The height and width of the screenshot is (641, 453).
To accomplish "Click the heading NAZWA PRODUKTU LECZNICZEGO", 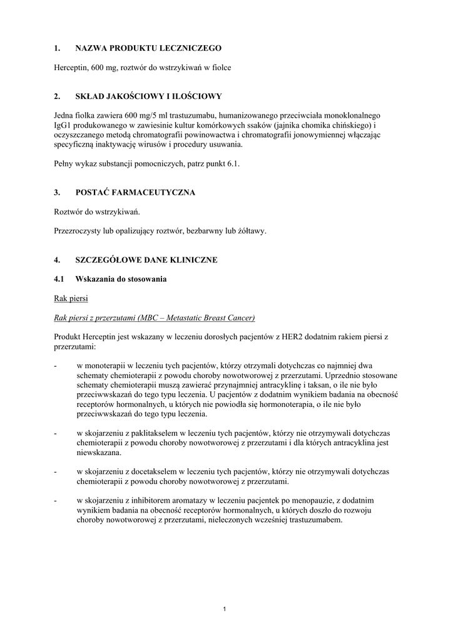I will pyautogui.click(x=148, y=48).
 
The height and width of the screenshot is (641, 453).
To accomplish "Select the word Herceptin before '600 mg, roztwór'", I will pyautogui.click(x=71, y=67).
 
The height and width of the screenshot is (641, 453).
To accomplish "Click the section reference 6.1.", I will pyautogui.click(x=232, y=163).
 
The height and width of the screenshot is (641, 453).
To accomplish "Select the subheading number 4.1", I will pyautogui.click(x=60, y=279).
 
